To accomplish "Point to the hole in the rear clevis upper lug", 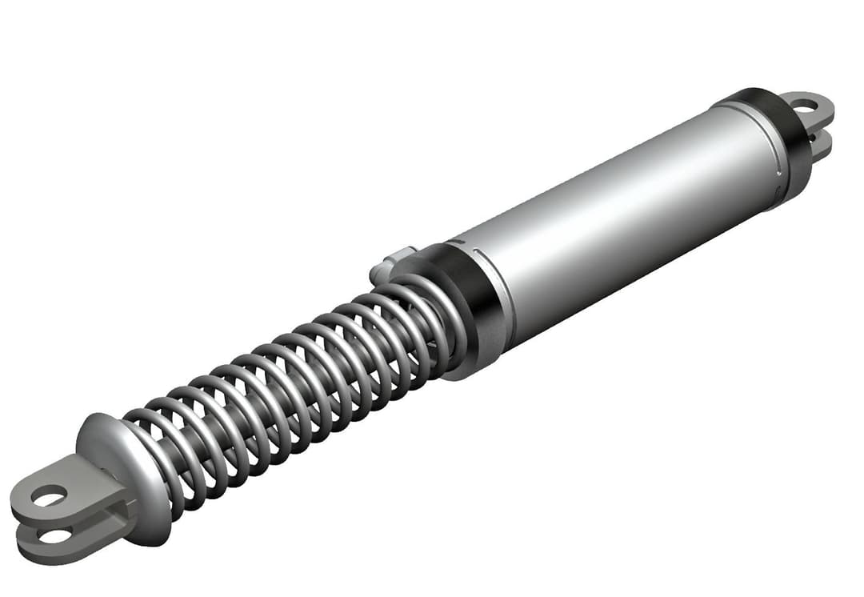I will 804,105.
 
